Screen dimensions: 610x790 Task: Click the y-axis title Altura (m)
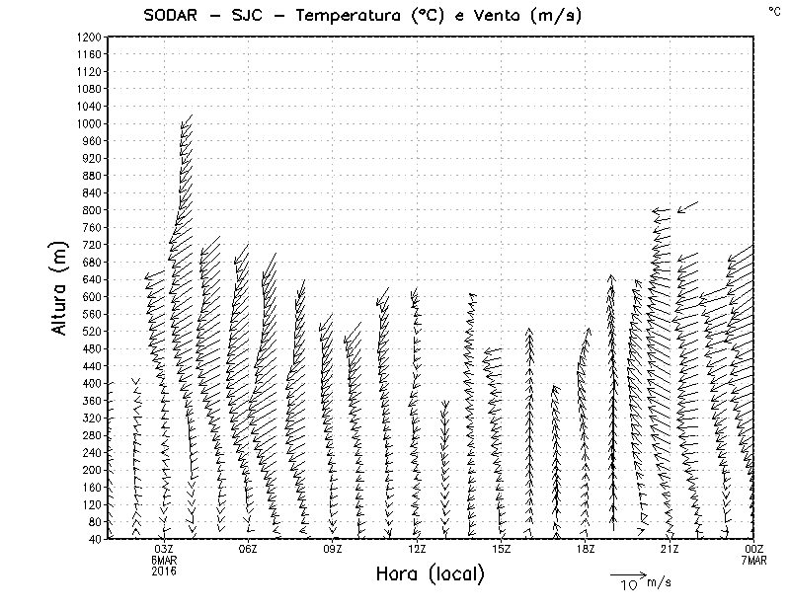click(x=61, y=287)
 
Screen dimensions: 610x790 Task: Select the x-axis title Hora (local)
click(x=430, y=574)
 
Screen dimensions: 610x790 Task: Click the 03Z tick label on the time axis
click(x=164, y=549)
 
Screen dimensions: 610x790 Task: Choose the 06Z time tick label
click(x=248, y=549)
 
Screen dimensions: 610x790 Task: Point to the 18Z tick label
click(x=586, y=549)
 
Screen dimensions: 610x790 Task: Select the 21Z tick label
click(x=670, y=549)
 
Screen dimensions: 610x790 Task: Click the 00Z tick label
click(x=754, y=549)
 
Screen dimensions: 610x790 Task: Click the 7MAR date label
click(x=754, y=560)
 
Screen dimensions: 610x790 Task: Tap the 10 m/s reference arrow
click(x=627, y=573)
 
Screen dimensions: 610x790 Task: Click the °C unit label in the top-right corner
click(x=773, y=11)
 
